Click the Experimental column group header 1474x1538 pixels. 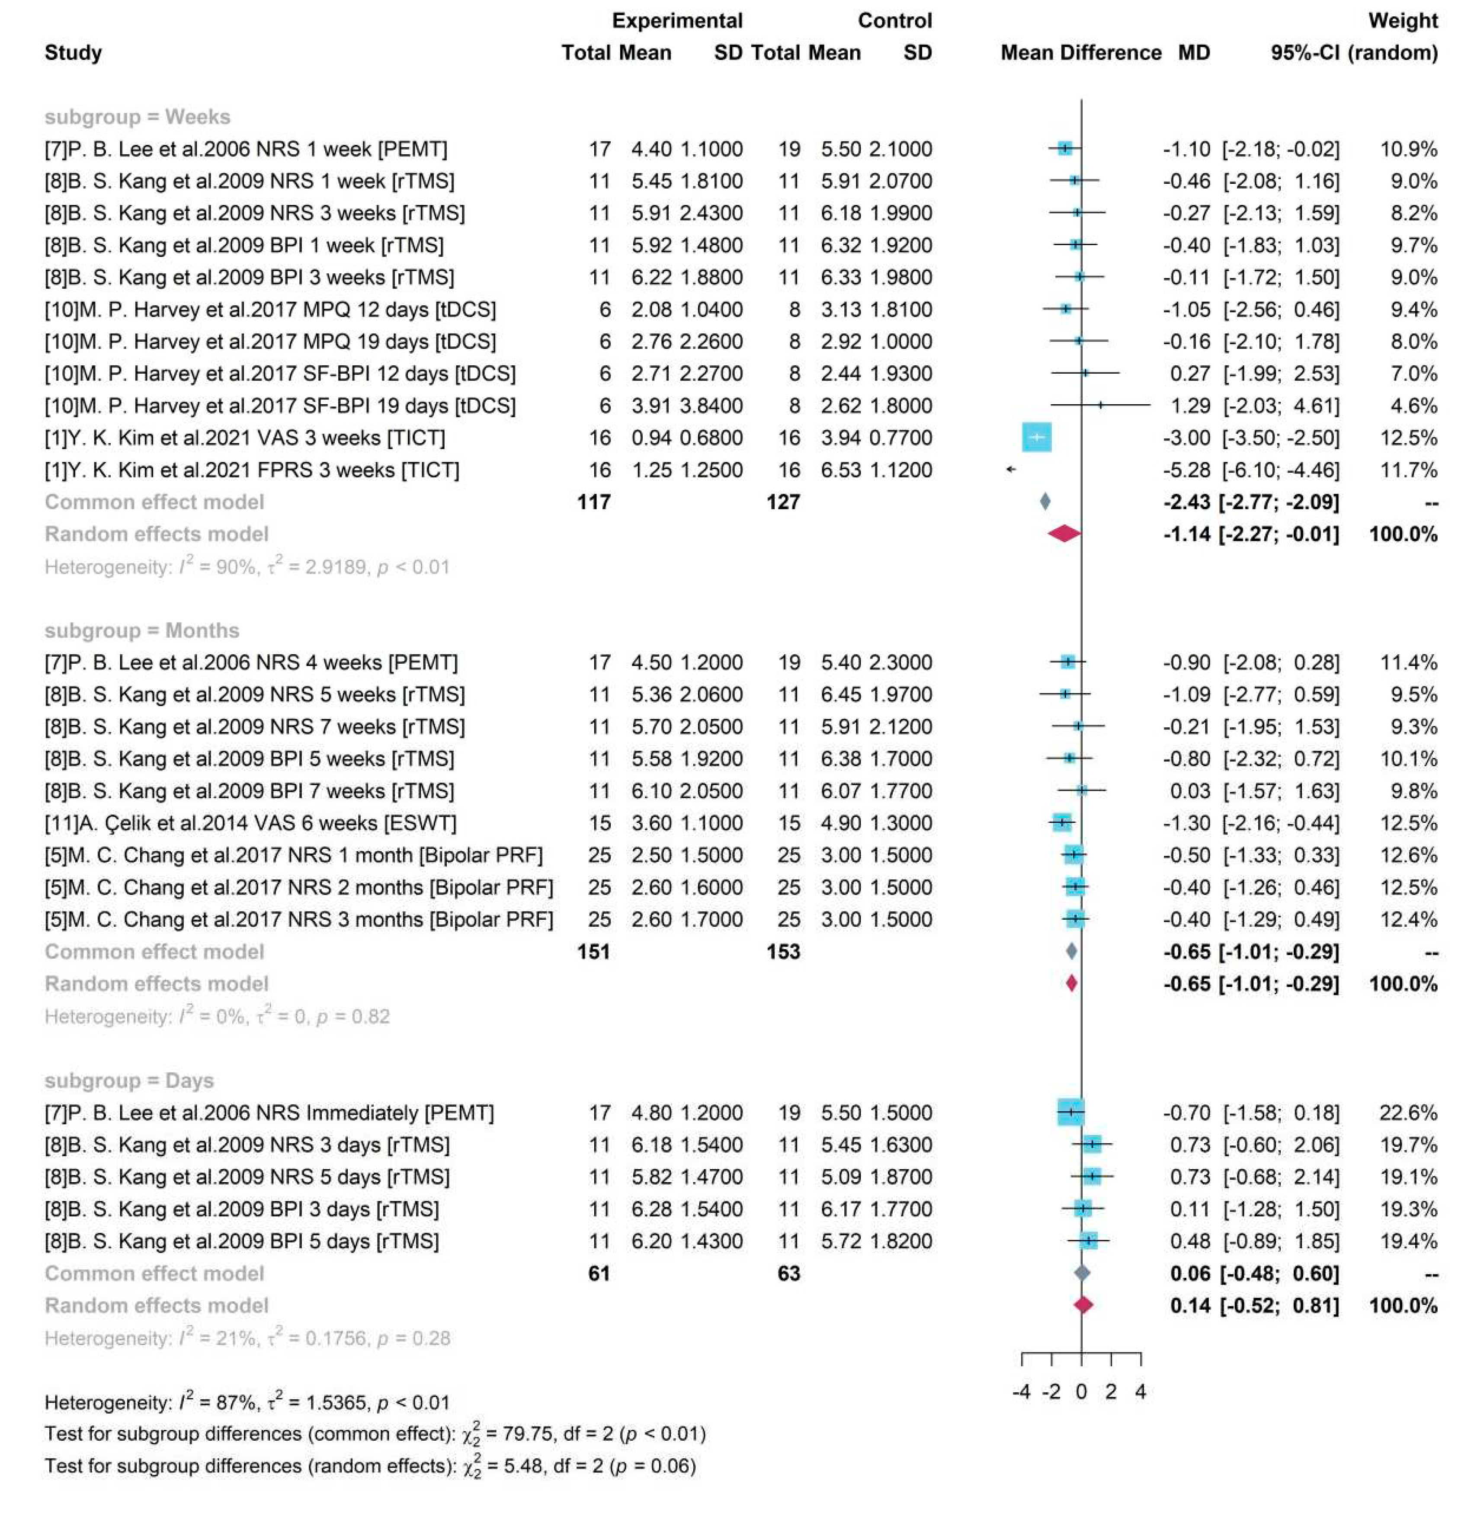click(676, 20)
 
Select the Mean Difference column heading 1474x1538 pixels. click(1080, 53)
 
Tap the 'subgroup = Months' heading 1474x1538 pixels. click(141, 630)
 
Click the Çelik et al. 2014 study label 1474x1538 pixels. click(250, 823)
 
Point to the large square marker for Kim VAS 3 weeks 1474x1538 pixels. click(1036, 437)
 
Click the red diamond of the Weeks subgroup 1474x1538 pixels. click(1064, 534)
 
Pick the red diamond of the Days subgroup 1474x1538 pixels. click(1083, 1305)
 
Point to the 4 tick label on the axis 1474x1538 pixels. click(1141, 1392)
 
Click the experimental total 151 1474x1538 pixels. click(593, 952)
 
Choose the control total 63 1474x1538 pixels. click(788, 1273)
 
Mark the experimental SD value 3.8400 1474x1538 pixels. click(711, 406)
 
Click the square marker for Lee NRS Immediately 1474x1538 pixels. click(1070, 1112)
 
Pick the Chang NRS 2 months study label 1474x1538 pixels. click(298, 888)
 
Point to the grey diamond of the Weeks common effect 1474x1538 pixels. click(1045, 502)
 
